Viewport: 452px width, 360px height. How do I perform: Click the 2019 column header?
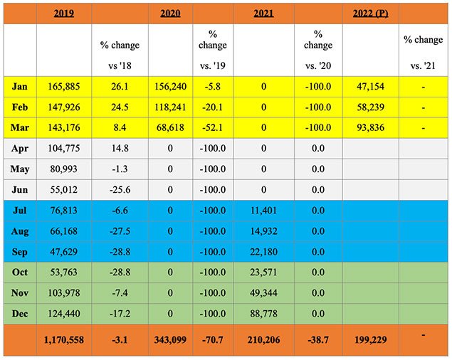64,13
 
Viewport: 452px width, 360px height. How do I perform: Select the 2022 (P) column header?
370,13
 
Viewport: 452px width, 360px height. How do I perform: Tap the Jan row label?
20,87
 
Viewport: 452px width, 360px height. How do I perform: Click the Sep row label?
20,252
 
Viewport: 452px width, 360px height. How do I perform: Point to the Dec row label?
20,314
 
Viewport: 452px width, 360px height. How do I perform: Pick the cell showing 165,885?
64,87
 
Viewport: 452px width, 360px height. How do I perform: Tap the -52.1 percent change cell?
213,128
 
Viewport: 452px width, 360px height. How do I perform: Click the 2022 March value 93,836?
370,128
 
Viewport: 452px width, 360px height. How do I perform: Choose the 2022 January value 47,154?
370,87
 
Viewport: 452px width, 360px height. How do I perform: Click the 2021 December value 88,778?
264,314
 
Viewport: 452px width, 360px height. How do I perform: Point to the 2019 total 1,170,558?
64,341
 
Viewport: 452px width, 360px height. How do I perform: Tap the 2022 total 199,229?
370,341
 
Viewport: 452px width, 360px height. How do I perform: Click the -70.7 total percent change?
213,341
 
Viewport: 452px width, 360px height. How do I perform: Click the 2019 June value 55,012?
64,190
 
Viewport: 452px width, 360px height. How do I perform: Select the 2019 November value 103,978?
64,293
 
